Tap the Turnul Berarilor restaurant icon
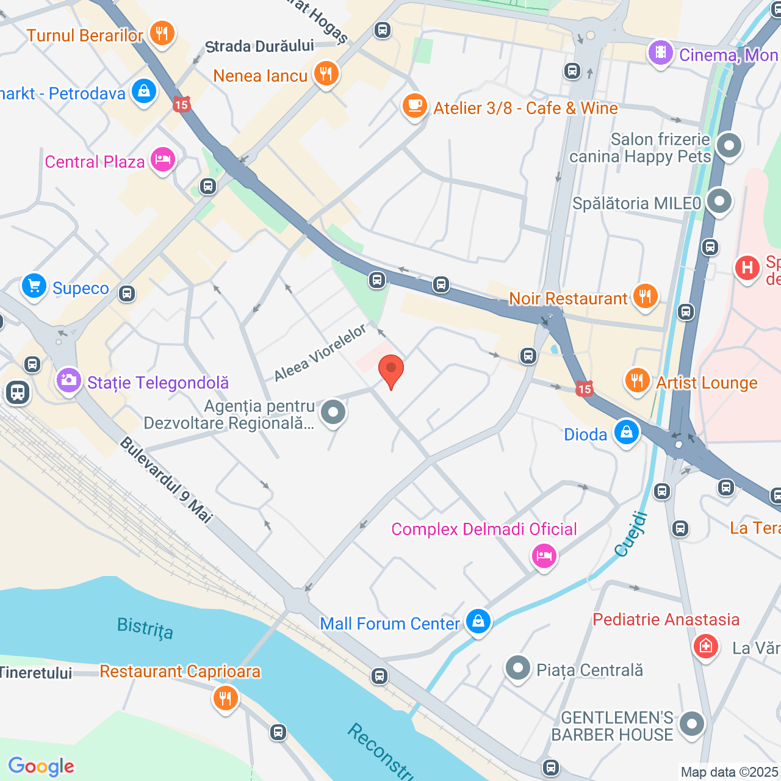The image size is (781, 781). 162,33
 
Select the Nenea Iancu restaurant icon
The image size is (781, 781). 326,74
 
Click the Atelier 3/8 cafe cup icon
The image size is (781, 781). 414,106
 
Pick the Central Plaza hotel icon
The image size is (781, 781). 163,160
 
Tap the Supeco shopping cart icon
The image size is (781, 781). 34,286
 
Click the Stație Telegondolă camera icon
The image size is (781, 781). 69,381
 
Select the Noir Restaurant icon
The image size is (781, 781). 645,297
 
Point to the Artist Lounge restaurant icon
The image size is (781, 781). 637,381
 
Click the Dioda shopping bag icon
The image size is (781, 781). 627,433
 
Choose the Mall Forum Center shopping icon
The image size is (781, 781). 478,622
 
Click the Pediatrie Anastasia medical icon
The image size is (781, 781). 706,646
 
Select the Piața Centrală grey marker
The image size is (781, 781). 517,669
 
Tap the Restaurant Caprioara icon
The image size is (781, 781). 226,698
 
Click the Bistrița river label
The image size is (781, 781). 145,628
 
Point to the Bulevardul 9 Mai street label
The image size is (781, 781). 166,480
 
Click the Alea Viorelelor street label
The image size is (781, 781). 320,353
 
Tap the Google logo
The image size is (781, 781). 41,766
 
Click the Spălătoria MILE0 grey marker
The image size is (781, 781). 719,201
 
